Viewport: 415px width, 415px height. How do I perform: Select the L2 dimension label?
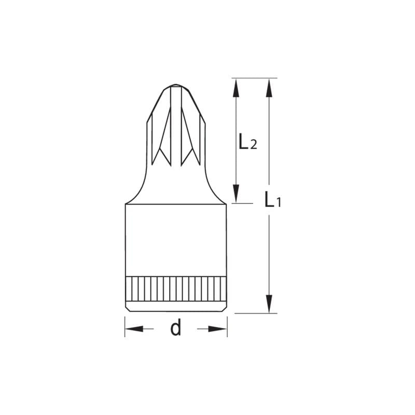247,142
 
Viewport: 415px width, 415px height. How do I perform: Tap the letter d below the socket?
176,328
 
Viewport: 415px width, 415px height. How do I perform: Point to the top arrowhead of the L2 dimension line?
236,88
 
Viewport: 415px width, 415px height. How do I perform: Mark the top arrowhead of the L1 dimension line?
269,88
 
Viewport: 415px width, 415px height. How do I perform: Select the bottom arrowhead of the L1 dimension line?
269,303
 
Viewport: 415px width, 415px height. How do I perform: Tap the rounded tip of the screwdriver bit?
176,86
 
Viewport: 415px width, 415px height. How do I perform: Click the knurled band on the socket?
176,288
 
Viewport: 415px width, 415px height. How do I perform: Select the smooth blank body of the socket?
176,239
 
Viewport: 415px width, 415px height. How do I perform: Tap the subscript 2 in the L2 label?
253,145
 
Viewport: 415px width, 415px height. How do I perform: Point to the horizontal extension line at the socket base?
254,313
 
